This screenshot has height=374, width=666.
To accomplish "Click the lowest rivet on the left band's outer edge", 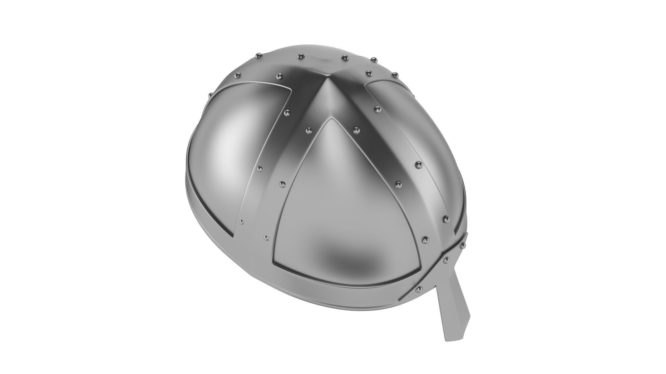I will pyautogui.click(x=241, y=222).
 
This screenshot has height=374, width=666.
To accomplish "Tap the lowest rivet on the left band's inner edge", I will pyautogui.click(x=266, y=238).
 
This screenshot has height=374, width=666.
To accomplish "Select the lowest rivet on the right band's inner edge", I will pyautogui.click(x=425, y=239).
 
